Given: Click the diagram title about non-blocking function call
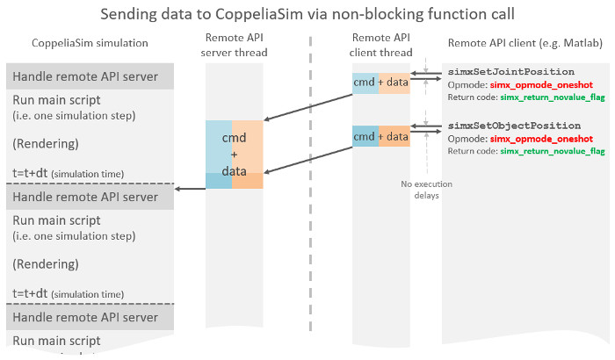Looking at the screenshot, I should (x=307, y=15).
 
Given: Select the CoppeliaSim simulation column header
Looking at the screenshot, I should (x=90, y=44).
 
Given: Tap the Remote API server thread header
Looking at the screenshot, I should (x=235, y=46).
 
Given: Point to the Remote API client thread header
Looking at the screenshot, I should (x=382, y=46).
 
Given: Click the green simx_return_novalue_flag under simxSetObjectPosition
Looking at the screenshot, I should (x=553, y=151).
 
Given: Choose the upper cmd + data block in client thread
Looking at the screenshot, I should (x=380, y=82).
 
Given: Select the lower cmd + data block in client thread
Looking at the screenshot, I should (x=380, y=136).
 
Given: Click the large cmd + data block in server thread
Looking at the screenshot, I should (x=234, y=155).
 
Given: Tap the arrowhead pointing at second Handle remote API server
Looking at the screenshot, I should (x=178, y=187).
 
